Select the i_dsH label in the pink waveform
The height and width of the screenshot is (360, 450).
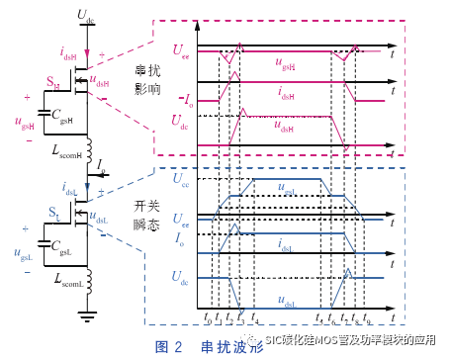[287, 97]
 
